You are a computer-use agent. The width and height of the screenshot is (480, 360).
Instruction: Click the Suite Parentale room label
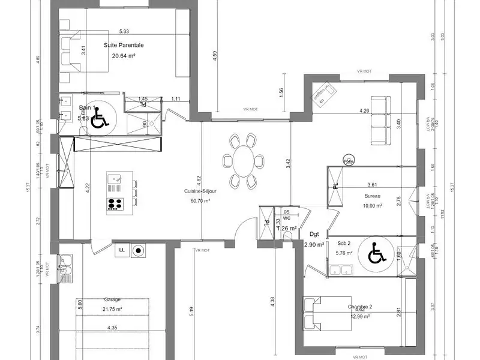(124, 45)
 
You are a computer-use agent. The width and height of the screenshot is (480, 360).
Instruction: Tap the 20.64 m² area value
(123, 56)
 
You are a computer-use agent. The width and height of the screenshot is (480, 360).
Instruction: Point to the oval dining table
(243, 161)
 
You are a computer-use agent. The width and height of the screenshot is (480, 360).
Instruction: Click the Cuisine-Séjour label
(200, 191)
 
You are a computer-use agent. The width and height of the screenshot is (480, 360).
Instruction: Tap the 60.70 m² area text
(200, 201)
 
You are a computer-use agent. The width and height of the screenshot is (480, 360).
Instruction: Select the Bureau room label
(373, 196)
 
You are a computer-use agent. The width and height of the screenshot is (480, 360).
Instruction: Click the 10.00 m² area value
(373, 206)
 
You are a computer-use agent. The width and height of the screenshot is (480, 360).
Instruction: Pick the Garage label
(112, 299)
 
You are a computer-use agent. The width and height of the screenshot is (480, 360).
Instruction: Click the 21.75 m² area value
(112, 309)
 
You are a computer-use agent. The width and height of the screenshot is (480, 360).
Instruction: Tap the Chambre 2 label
(360, 307)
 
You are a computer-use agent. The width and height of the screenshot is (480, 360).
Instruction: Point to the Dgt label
(314, 235)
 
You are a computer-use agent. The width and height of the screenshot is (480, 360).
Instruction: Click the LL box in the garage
(122, 249)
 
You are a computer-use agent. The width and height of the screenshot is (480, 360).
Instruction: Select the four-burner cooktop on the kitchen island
(115, 203)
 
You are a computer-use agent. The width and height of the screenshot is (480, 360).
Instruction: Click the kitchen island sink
(115, 178)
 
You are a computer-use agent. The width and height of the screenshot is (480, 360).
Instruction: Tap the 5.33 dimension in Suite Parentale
(124, 31)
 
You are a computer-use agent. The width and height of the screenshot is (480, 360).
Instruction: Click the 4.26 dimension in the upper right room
(364, 111)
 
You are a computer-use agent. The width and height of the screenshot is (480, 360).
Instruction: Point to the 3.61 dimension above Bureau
(374, 185)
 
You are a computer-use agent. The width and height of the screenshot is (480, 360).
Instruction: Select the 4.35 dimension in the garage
(112, 328)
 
